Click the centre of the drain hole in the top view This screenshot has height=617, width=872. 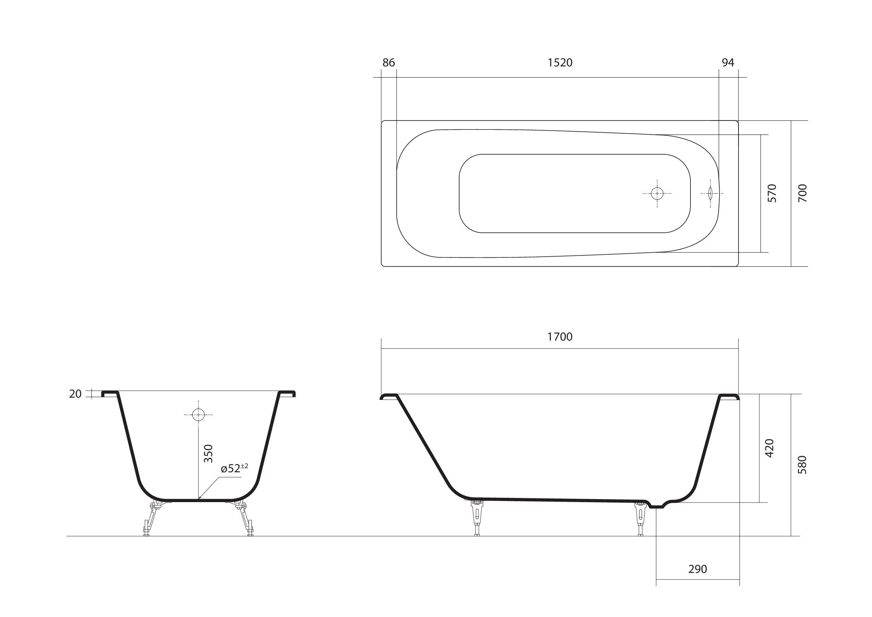click(x=657, y=193)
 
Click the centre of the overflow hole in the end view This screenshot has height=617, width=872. click(x=198, y=414)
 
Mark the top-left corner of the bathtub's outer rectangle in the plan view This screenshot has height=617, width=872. click(x=381, y=121)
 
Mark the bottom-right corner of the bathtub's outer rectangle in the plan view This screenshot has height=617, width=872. click(x=738, y=266)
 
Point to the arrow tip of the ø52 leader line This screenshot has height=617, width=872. click(x=198, y=498)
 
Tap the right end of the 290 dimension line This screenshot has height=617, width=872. click(x=739, y=580)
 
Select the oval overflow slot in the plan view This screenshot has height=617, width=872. click(x=710, y=193)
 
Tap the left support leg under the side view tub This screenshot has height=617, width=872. click(x=477, y=518)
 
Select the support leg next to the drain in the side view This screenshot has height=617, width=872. click(x=641, y=519)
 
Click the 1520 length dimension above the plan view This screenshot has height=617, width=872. click(x=560, y=62)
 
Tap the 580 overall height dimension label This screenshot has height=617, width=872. click(x=802, y=465)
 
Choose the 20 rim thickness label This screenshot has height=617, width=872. click(x=75, y=394)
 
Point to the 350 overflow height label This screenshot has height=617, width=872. click(x=208, y=453)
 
